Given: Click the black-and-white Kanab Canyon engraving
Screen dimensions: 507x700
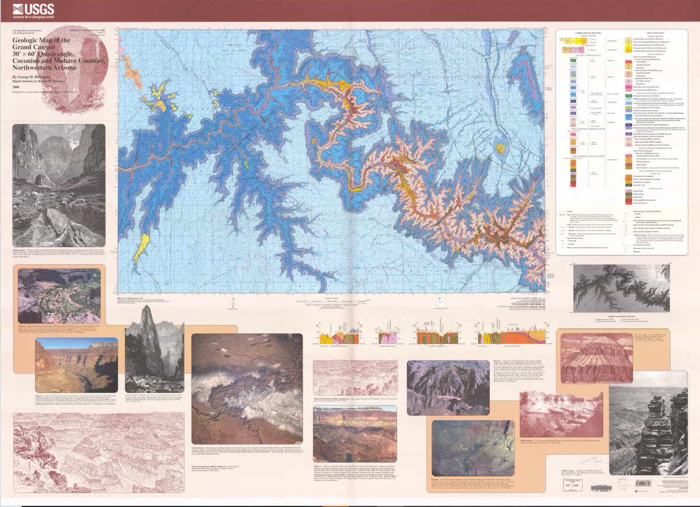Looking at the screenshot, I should point(59,185).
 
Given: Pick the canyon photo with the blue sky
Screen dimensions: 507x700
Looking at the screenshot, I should point(76,365).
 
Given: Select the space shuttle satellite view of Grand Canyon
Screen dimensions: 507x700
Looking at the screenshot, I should point(247,389).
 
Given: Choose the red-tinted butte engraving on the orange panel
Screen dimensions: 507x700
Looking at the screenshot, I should point(595,358).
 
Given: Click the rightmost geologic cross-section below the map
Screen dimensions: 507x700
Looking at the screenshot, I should point(528,335).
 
